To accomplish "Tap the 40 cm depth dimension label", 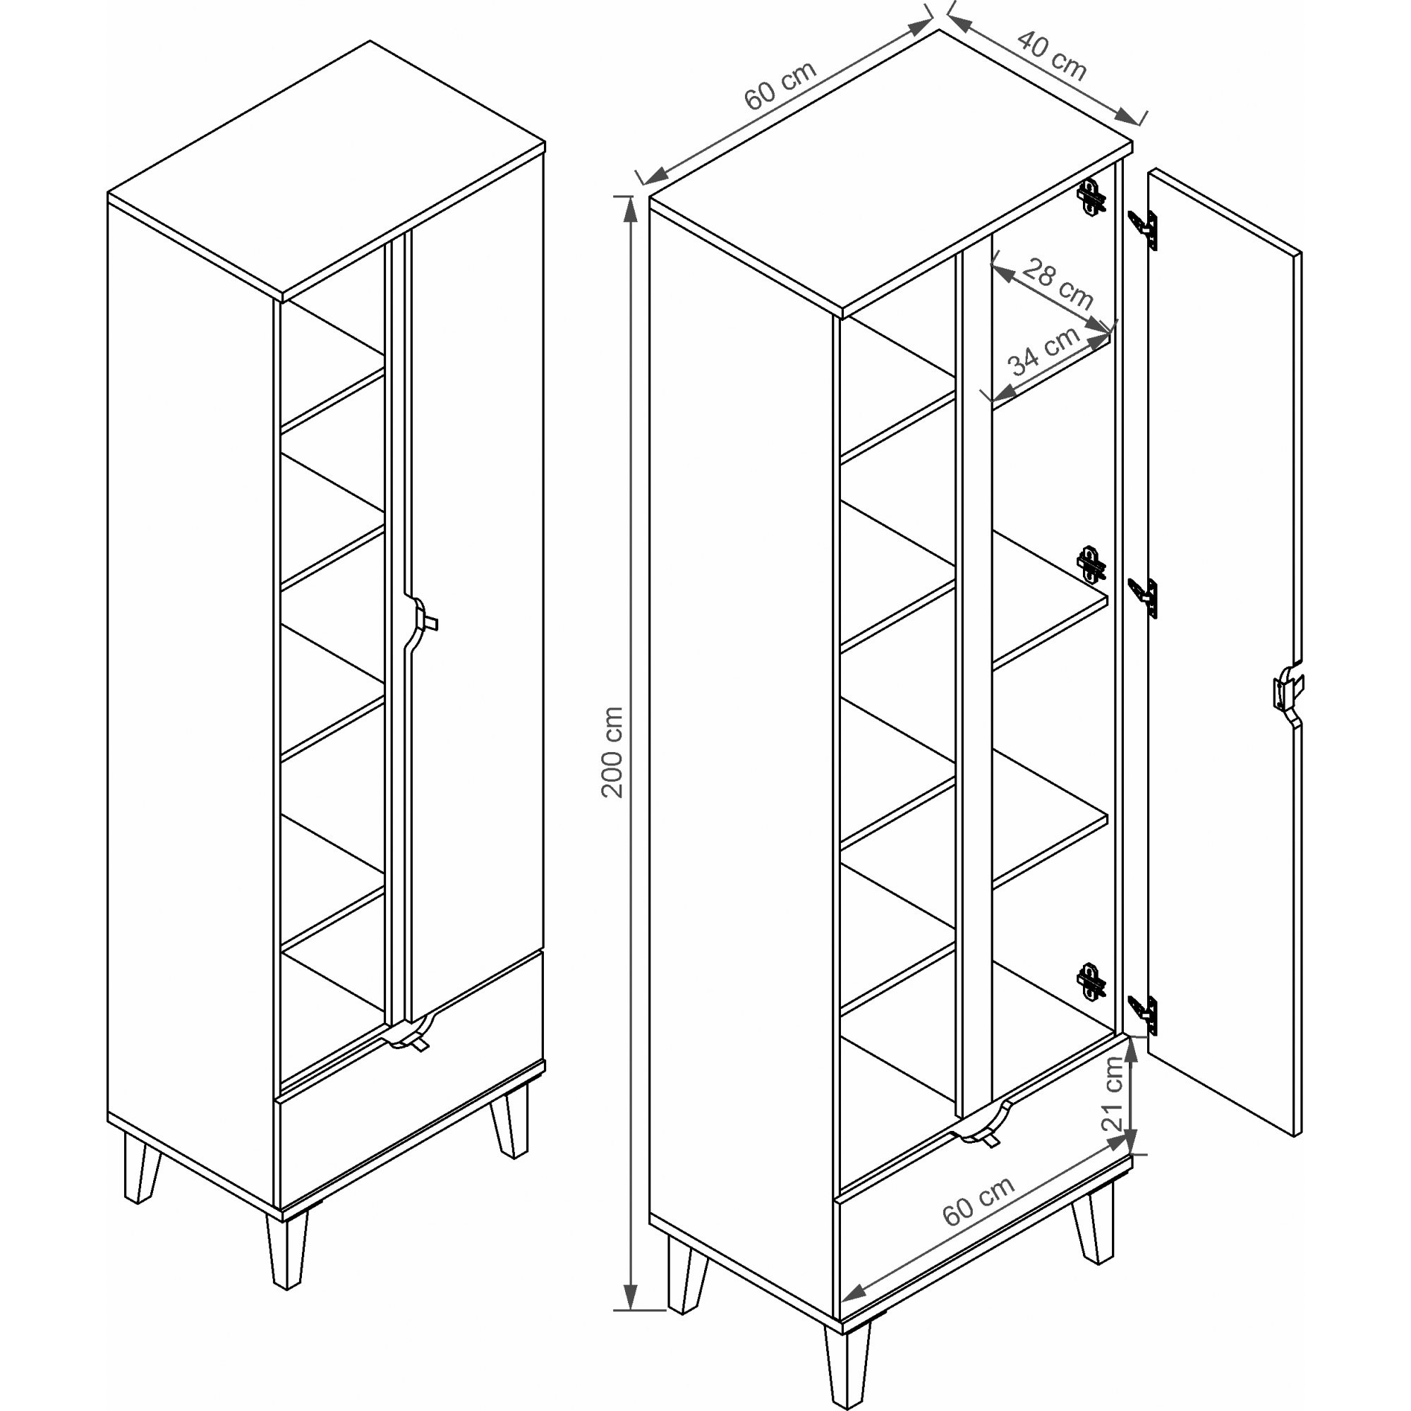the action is click(1053, 55).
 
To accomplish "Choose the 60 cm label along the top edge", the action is click(780, 85).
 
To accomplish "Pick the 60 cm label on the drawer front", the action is click(978, 1201).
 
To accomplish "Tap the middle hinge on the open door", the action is click(1144, 597).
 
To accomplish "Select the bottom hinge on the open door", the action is click(1144, 1015).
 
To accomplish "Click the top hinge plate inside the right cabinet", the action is click(1091, 198).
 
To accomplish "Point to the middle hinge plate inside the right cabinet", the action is click(1091, 564).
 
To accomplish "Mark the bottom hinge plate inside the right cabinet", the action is click(1091, 981).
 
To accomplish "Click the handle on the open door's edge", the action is click(1288, 689).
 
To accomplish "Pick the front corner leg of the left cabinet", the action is click(288, 1249).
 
